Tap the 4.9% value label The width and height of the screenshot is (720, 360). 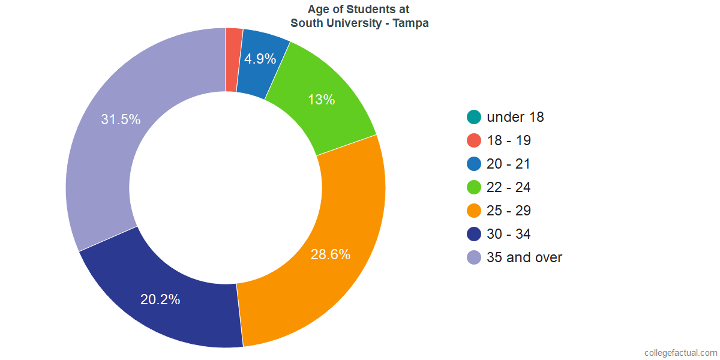260,59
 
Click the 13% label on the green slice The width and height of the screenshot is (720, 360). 321,100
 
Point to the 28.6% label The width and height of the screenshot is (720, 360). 330,254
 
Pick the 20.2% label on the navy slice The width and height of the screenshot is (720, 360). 160,299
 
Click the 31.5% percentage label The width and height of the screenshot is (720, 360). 121,119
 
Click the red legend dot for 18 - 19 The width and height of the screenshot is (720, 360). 474,141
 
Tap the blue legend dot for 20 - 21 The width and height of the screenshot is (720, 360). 474,164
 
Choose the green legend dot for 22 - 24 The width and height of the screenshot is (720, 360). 474,188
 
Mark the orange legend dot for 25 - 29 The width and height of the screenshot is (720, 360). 474,211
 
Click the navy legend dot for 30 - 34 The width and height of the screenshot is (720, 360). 474,235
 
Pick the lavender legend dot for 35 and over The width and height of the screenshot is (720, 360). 474,258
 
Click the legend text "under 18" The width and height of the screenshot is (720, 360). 515,117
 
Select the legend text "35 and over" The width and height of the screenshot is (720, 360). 524,257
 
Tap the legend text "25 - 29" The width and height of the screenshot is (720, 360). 509,211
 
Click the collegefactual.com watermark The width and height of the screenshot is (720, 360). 680,353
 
